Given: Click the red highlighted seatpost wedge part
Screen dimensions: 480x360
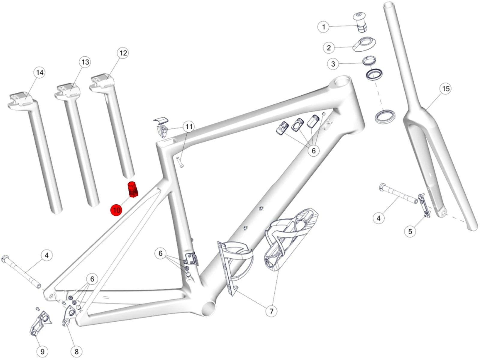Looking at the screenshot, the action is click(133, 189).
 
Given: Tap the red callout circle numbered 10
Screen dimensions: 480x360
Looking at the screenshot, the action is click(117, 210).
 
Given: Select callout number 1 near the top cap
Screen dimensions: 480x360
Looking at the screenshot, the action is click(323, 27).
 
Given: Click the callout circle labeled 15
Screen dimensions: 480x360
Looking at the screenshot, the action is click(446, 88).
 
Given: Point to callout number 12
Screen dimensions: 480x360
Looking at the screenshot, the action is click(123, 53).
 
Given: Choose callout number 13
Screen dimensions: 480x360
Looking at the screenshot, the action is click(85, 62).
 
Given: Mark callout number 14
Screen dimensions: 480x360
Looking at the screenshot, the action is click(40, 72).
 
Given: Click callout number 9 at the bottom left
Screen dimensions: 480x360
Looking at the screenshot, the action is click(42, 352).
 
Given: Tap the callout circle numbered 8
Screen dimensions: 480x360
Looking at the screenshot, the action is click(76, 352).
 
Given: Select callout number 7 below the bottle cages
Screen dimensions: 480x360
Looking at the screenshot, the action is click(271, 311).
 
